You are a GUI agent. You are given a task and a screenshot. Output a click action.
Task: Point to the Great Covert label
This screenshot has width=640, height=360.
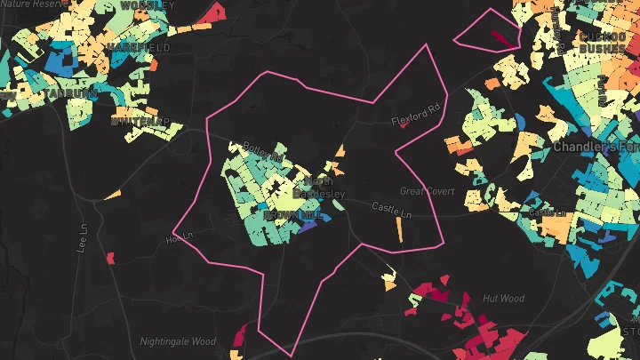(x=427, y=191)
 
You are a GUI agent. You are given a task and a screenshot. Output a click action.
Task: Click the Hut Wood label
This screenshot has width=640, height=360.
(x=503, y=300)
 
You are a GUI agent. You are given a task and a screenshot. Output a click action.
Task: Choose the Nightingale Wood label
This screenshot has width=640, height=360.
(x=178, y=341)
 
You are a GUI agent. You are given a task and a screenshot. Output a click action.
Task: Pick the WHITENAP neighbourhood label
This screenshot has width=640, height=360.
(x=141, y=121)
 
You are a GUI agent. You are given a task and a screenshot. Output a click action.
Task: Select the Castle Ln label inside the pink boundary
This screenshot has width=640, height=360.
(x=392, y=211)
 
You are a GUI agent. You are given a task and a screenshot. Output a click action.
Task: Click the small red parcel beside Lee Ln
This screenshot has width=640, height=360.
(x=111, y=259)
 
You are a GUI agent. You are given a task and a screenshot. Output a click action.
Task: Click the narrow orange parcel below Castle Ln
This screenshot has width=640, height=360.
(x=399, y=228)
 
